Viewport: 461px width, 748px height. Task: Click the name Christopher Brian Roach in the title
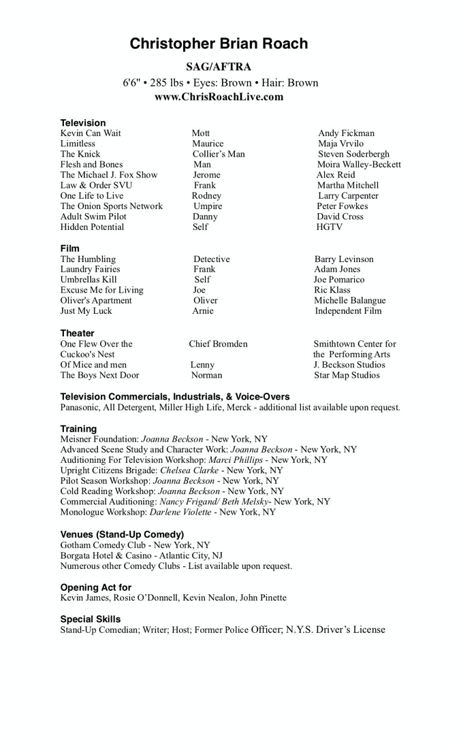point(219,44)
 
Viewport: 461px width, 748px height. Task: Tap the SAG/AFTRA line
point(219,67)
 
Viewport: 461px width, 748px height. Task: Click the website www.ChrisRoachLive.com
point(219,97)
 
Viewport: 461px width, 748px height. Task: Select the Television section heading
point(83,123)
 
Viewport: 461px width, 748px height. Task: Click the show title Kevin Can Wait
point(91,133)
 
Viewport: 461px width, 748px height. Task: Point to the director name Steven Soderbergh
point(354,154)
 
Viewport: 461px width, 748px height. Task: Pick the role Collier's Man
point(219,154)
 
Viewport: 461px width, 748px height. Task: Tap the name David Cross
point(340,216)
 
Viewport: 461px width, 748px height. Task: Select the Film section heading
point(70,248)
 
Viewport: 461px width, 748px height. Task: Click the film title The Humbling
point(88,259)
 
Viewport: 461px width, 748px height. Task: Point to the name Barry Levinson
point(344,259)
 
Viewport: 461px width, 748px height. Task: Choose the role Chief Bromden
point(218,344)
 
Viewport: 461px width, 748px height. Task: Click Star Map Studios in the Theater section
point(347,375)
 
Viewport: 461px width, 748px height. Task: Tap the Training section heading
point(78,429)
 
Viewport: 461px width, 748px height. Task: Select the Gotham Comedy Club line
point(136,545)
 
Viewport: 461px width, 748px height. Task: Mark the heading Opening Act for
point(96,587)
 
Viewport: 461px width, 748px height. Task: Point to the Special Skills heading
point(91,619)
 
